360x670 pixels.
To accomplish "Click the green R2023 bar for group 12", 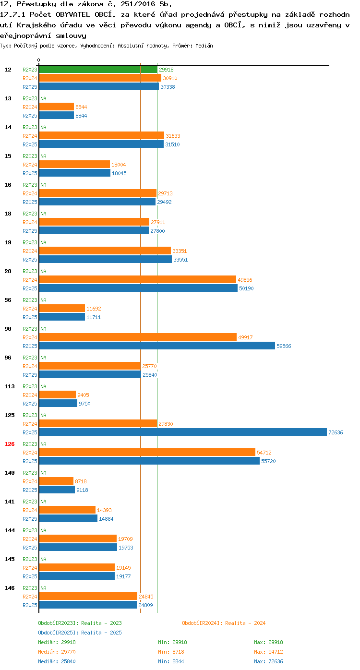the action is (98, 70).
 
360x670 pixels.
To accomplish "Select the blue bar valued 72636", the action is (183, 432).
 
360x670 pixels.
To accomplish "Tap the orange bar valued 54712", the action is (147, 452).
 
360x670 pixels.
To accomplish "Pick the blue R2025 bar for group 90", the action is (157, 346).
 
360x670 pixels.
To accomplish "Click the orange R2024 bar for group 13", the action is (57, 107).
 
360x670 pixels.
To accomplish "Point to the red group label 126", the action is (9, 444).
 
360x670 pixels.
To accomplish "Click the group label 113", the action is (9, 386).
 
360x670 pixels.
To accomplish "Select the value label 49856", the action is (245, 280).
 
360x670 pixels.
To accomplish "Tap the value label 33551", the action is (180, 260).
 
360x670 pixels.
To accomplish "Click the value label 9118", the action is (82, 490).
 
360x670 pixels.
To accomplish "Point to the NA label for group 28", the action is (43, 271).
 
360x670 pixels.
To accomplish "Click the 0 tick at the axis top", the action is (38, 60).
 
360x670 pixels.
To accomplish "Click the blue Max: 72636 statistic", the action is (268, 661).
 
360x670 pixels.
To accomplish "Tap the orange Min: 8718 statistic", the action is (171, 652).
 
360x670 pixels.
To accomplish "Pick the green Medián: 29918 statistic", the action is (57, 642).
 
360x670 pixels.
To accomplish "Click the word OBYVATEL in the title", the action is (72, 15).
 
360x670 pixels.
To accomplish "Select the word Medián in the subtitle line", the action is (204, 46).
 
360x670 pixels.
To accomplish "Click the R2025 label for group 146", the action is (30, 605).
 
